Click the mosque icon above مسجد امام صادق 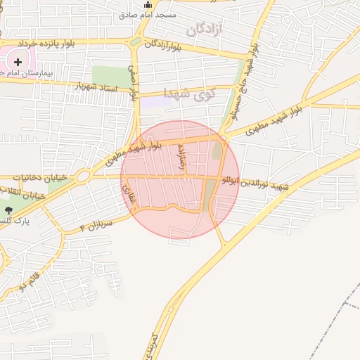tap(148, 4)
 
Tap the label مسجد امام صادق tap(148, 14)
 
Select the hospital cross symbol tap(18, 63)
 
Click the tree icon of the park tap(8, 210)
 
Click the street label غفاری tap(127, 195)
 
